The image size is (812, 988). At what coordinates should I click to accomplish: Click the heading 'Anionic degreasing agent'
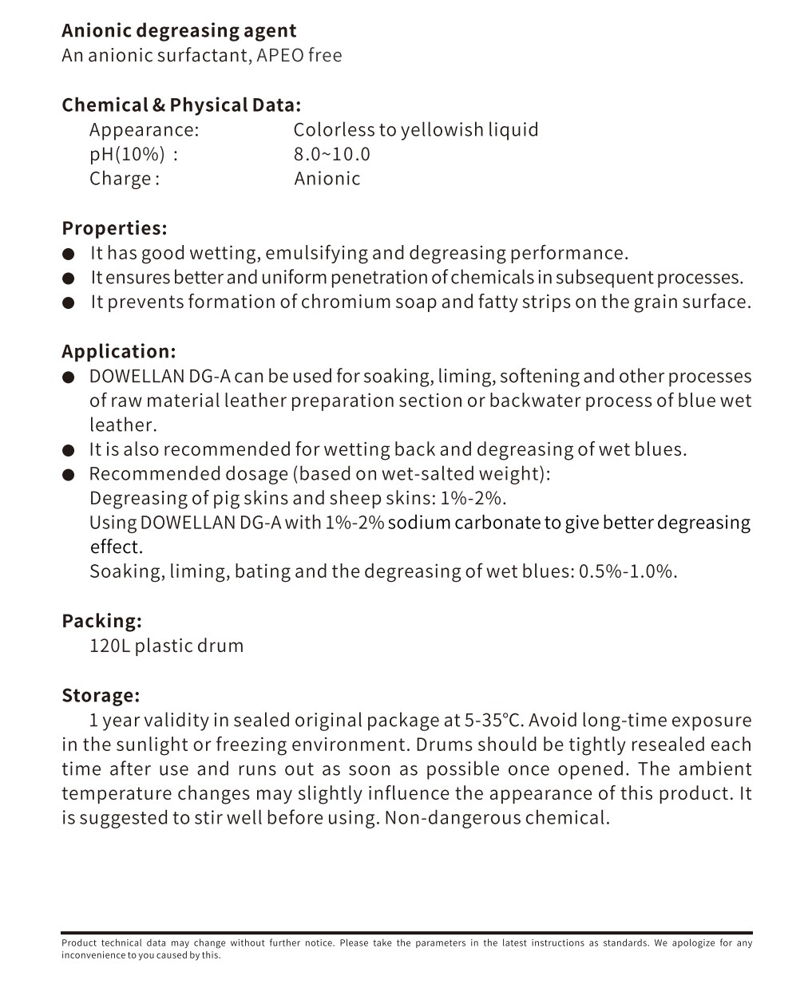[179, 31]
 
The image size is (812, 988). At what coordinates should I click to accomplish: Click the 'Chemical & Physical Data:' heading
[181, 105]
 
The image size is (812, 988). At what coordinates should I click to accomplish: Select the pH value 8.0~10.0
[331, 154]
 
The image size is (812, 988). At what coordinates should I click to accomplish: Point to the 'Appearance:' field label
[144, 130]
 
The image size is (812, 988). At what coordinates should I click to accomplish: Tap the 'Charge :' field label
[125, 179]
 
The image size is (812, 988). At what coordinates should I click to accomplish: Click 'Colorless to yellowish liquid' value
[415, 130]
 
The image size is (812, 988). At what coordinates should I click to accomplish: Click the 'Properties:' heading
[114, 228]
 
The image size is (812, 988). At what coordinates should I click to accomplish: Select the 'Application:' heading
[118, 352]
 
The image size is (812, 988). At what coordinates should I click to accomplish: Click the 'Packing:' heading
[101, 621]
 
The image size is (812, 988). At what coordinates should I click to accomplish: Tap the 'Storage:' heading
[101, 695]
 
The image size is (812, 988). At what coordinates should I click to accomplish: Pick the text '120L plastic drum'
[166, 646]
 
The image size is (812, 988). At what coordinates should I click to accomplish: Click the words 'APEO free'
[299, 56]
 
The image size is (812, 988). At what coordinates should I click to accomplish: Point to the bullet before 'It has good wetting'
[69, 255]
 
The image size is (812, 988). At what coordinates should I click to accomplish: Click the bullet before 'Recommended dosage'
[69, 475]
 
